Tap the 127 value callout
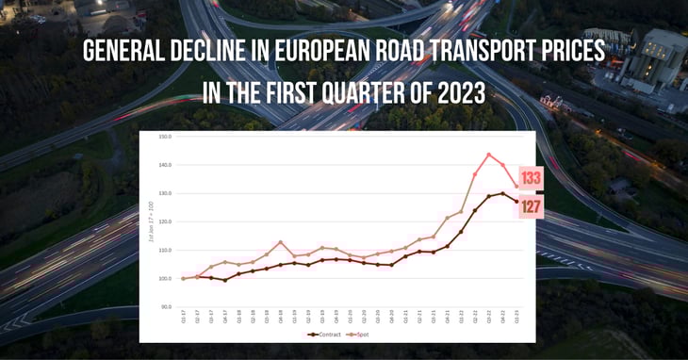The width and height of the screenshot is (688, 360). point(531,207)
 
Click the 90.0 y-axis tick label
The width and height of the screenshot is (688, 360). point(165,307)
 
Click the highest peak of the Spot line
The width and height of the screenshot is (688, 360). point(488,154)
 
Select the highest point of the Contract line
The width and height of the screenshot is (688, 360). point(502,193)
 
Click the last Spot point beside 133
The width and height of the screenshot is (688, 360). point(516,185)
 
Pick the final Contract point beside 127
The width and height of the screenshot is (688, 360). point(516,201)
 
